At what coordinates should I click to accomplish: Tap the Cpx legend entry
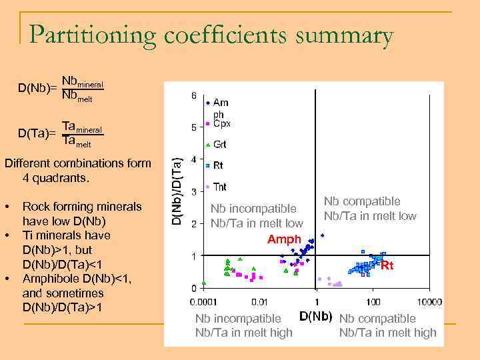click(x=221, y=124)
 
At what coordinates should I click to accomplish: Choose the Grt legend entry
click(x=219, y=145)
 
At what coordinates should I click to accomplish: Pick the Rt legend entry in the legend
click(x=217, y=166)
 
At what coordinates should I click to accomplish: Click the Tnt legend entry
click(x=219, y=187)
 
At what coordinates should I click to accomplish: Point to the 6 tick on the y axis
click(x=193, y=96)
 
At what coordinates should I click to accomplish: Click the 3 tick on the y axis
click(x=193, y=192)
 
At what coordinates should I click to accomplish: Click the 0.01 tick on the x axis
click(x=259, y=302)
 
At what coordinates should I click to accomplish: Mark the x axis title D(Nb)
click(x=315, y=315)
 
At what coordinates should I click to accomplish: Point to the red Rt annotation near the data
click(x=387, y=265)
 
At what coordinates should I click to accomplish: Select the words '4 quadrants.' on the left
click(x=55, y=179)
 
